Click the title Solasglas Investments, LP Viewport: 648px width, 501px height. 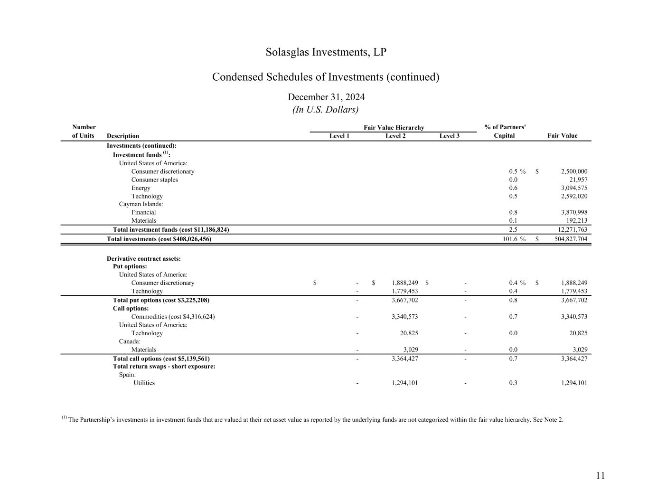click(326, 52)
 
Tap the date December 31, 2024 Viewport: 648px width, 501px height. click(326, 97)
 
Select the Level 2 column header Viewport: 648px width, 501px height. click(395, 136)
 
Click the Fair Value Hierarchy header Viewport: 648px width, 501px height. click(394, 127)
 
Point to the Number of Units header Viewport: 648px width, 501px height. click(84, 132)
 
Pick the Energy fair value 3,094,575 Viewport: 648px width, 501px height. click(574, 188)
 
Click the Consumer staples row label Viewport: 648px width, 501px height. click(155, 180)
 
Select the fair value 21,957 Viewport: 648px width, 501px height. click(578, 180)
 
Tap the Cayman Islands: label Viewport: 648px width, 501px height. click(141, 204)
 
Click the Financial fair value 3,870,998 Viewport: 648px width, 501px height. click(574, 213)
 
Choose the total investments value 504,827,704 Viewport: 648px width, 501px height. click(571, 239)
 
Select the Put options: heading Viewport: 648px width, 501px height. click(130, 266)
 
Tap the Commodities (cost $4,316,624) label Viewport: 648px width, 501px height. click(173, 317)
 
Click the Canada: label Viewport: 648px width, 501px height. click(130, 341)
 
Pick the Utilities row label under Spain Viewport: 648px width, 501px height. click(144, 383)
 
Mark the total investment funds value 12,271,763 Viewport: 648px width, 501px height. click(572, 230)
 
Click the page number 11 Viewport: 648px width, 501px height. click(600, 476)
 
